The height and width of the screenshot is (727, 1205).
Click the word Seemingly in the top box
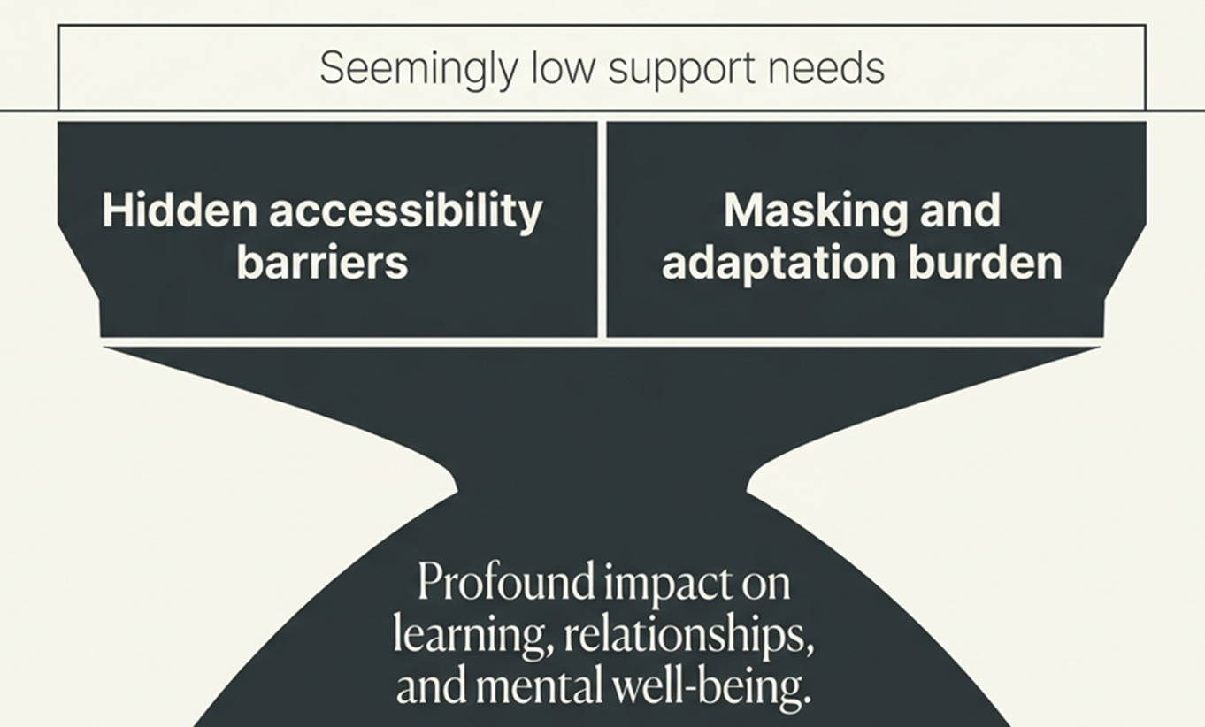pyautogui.click(x=419, y=70)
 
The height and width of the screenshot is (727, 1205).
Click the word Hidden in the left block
pyautogui.click(x=180, y=210)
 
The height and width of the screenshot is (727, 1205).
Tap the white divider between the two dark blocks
pyautogui.click(x=602, y=230)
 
